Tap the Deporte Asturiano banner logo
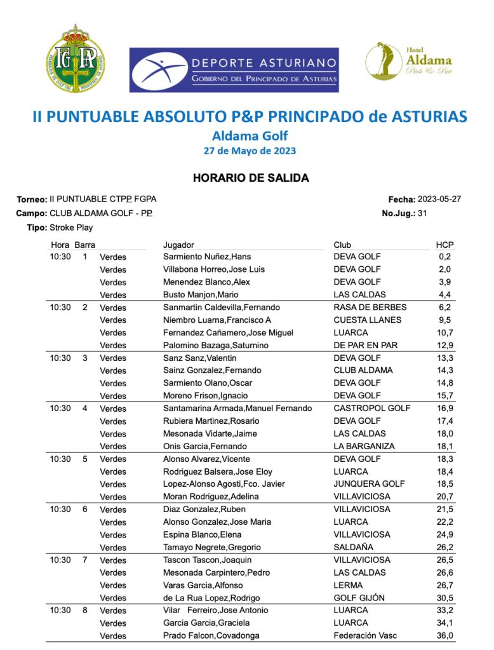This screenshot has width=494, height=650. pyautogui.click(x=234, y=70)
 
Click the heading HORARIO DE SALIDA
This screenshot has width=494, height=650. pyautogui.click(x=251, y=178)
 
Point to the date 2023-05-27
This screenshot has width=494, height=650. pyautogui.click(x=439, y=200)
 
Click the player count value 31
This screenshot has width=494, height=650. pyautogui.click(x=422, y=213)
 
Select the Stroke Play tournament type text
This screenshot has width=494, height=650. pyautogui.click(x=71, y=227)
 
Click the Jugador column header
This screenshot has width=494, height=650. pyautogui.click(x=178, y=245)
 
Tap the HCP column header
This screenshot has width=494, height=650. pyautogui.click(x=444, y=245)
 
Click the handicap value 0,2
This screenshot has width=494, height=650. pyautogui.click(x=444, y=257)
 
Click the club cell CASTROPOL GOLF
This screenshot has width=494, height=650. pyautogui.click(x=372, y=408)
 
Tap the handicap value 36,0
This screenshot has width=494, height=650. pyautogui.click(x=444, y=635)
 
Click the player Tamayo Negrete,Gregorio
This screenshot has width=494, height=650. pyautogui.click(x=210, y=547)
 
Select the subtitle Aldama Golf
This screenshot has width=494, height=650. pyautogui.click(x=250, y=135)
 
